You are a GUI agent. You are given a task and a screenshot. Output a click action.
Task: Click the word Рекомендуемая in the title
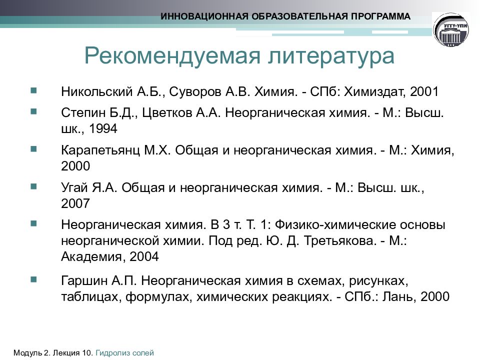169,56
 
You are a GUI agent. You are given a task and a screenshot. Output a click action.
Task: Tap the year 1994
103,129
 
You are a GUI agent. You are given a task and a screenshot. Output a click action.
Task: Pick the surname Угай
74,188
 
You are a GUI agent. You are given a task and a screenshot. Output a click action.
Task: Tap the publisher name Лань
398,295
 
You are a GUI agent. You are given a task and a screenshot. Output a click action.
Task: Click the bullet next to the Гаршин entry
33,277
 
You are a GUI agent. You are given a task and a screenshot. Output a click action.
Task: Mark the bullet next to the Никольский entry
33,90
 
